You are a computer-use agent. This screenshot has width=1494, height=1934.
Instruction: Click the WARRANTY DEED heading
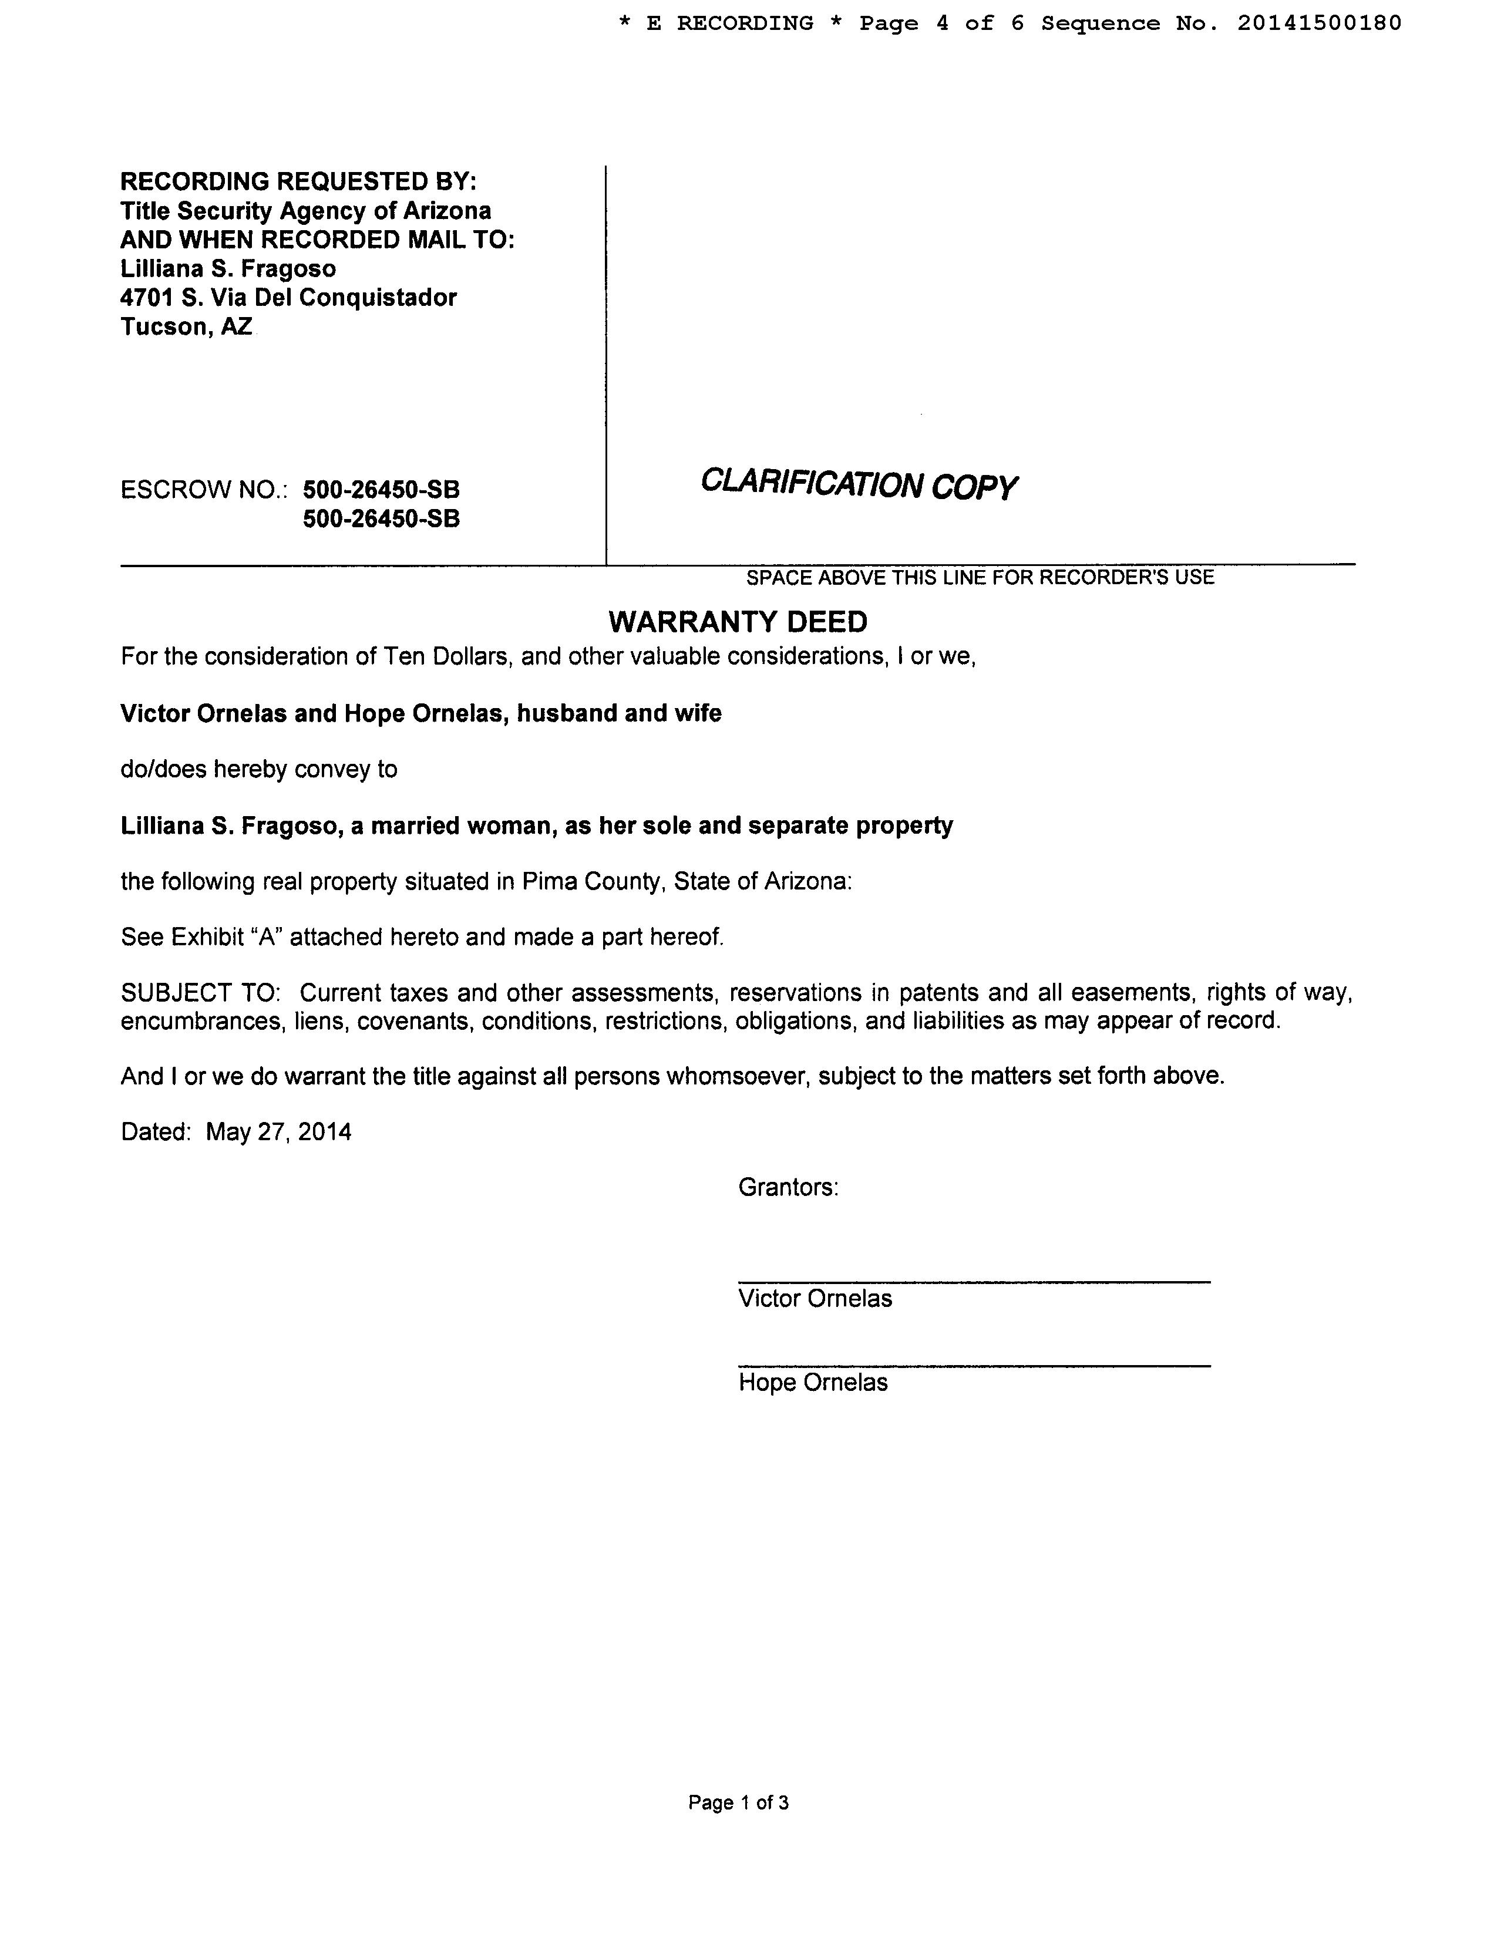(738, 622)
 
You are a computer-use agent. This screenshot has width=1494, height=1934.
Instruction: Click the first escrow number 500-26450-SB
(381, 490)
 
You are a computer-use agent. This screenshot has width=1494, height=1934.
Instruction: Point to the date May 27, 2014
(278, 1132)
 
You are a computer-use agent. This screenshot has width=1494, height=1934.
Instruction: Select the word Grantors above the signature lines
(788, 1187)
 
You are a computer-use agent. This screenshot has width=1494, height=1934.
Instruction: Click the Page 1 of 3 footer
(738, 1802)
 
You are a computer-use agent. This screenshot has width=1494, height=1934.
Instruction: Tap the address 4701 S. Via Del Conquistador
(289, 298)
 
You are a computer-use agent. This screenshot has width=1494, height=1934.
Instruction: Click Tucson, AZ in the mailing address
(187, 327)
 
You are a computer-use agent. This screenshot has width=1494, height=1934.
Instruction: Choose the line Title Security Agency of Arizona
(305, 211)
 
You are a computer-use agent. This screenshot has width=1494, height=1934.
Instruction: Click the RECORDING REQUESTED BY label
(298, 181)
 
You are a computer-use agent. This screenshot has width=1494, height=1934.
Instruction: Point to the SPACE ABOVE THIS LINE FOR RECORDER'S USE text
(980, 577)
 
